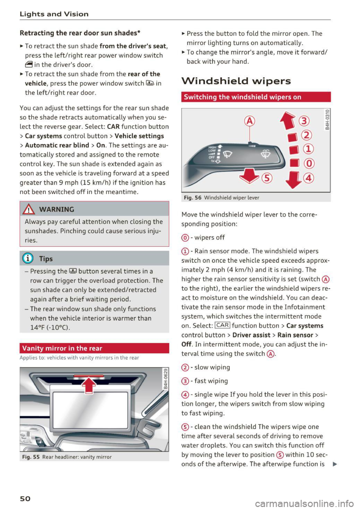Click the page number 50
(x=25, y=498)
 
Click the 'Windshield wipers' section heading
(x=236, y=81)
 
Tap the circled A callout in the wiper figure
(x=249, y=121)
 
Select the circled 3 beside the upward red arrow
(x=304, y=121)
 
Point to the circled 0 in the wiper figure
(x=309, y=163)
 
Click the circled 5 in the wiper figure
(x=267, y=178)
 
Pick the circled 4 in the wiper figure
(x=309, y=178)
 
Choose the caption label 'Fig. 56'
(x=192, y=197)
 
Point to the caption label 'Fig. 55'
(x=31, y=457)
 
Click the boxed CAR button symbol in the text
(x=222, y=325)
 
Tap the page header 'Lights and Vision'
(x=54, y=14)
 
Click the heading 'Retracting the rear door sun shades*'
(x=80, y=33)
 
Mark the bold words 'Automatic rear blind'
(x=57, y=145)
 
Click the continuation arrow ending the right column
(x=334, y=464)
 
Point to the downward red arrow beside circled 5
(x=249, y=175)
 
